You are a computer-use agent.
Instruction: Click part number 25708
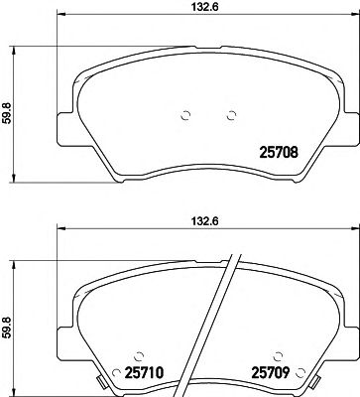coord(280,154)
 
